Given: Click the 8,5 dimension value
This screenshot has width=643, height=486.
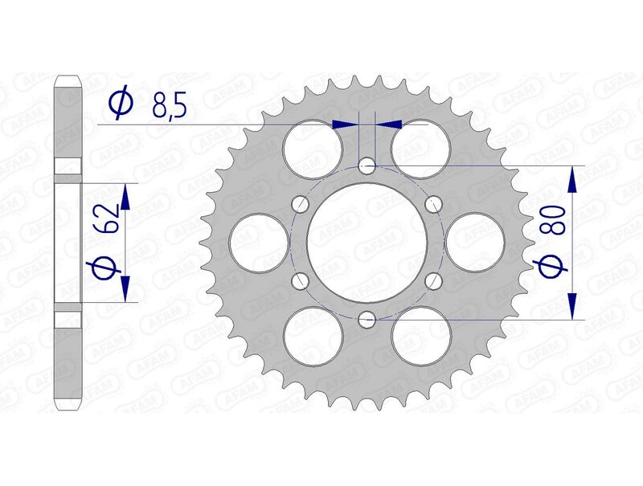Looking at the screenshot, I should point(166,104).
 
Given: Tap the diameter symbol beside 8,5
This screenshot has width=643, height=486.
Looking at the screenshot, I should point(120,104).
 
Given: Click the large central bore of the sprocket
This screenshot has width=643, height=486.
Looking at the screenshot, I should point(367,242).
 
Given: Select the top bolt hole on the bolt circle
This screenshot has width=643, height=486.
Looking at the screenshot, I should point(367,166).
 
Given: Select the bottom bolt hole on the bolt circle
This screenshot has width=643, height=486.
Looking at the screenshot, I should point(367,319).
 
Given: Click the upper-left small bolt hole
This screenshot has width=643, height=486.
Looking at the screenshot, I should point(301,203).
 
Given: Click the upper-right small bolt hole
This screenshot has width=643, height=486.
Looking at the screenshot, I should point(434,203).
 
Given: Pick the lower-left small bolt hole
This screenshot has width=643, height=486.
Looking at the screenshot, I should point(301,280).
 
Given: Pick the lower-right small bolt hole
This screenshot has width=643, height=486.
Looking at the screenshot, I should point(434,280).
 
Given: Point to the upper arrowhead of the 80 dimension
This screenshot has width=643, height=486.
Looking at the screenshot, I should point(572,179).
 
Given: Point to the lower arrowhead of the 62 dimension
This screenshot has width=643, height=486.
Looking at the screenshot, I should point(125,288).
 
